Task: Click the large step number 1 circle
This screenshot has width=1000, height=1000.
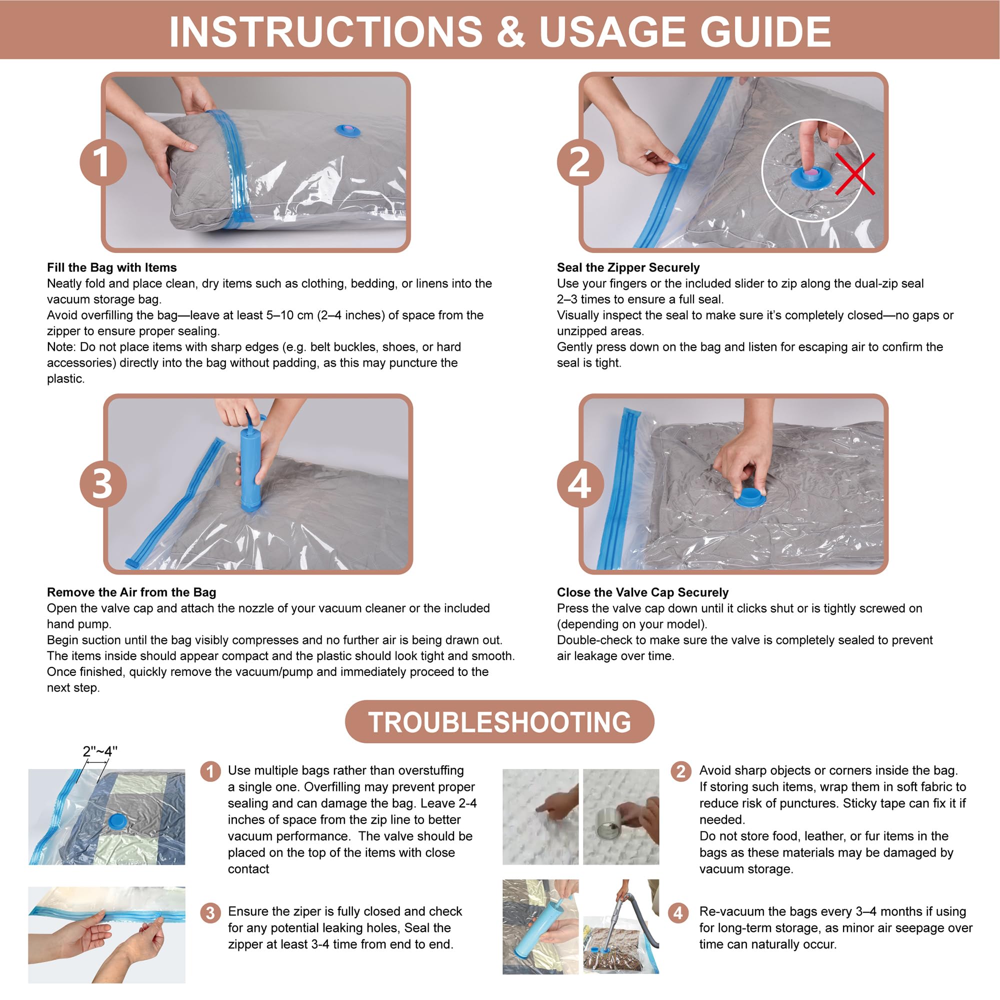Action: coord(102,162)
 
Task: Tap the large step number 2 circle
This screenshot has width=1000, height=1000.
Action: coord(579,162)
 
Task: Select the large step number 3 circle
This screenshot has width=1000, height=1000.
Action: coord(102,484)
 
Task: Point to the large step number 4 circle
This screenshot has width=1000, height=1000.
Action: coord(579,484)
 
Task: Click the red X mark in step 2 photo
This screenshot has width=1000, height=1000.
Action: coord(855,174)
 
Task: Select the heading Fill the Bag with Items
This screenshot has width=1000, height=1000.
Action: coord(112,267)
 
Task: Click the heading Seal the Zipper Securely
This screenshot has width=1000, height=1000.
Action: coord(628,267)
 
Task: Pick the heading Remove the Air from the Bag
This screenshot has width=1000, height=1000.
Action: coord(131,592)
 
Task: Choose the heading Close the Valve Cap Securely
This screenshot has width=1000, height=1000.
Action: coord(642,592)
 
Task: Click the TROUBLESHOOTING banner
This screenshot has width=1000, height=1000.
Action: coord(499,722)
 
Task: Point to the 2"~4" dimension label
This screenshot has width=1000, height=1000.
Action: coord(100,751)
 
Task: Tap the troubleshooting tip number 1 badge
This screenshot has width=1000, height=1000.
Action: coord(210,771)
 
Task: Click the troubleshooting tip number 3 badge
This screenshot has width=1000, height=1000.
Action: coord(210,912)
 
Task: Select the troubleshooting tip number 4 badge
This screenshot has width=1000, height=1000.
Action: coord(678,912)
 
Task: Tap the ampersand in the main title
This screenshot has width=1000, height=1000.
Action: coord(511,31)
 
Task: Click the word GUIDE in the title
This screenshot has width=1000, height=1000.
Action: coord(765,31)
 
